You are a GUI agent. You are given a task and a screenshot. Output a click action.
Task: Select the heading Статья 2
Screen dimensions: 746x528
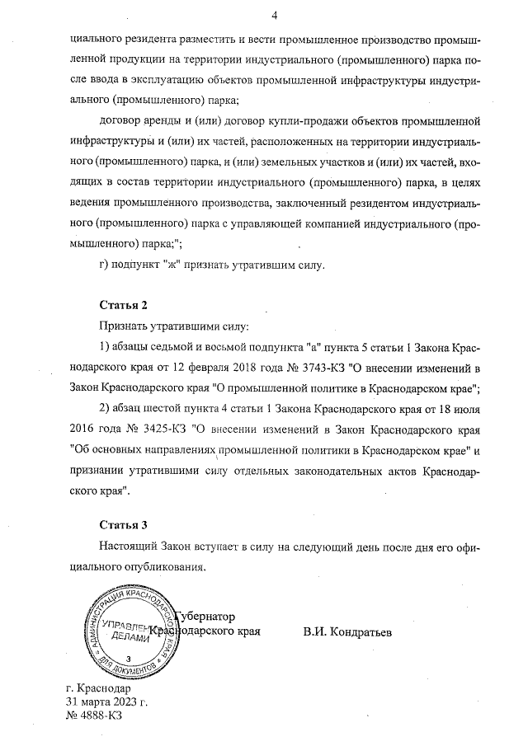[x=123, y=304]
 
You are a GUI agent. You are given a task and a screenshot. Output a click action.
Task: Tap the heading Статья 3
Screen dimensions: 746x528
[x=123, y=524]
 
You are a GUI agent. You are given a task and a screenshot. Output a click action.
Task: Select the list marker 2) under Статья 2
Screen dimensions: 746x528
[x=104, y=408]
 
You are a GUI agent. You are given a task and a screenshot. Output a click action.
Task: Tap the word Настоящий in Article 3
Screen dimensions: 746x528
[x=130, y=547]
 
